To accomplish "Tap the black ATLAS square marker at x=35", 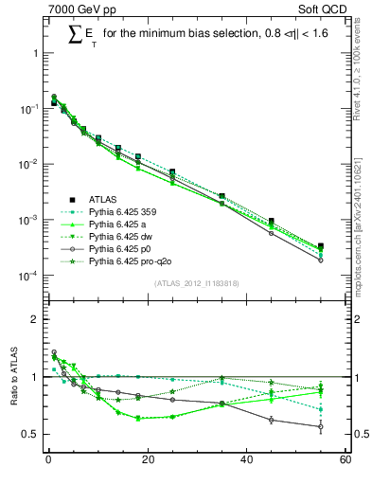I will pyautogui.click(x=222, y=196).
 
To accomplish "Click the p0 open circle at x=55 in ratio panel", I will pyautogui.click(x=321, y=426).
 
